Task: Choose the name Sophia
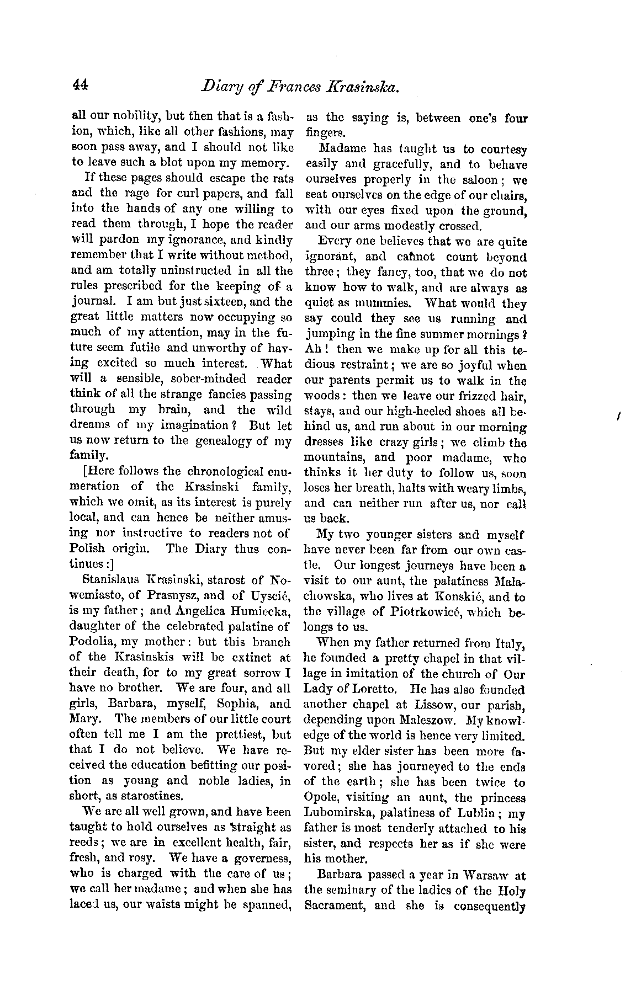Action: tap(239, 704)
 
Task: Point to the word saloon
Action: tap(476, 180)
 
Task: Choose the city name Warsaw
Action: tap(477, 875)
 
